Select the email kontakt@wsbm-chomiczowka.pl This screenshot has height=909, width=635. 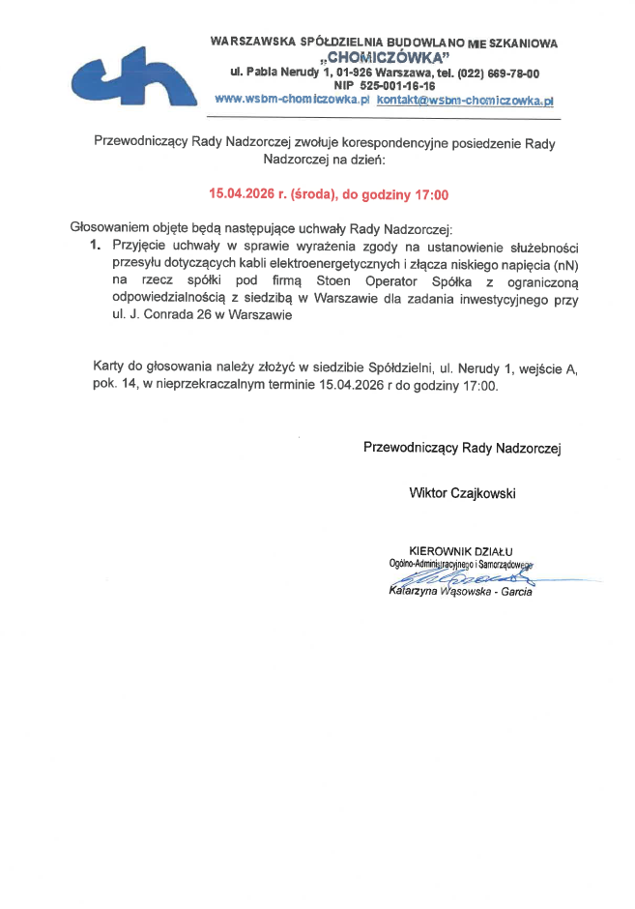(x=464, y=100)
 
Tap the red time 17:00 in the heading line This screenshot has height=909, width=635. (x=431, y=194)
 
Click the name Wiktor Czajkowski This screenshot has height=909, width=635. (x=462, y=493)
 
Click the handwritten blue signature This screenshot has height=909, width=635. (x=454, y=575)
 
